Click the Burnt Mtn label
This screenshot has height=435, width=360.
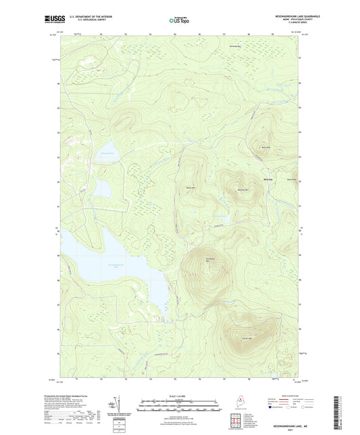click(265, 148)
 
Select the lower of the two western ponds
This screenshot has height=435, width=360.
click(103, 187)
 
